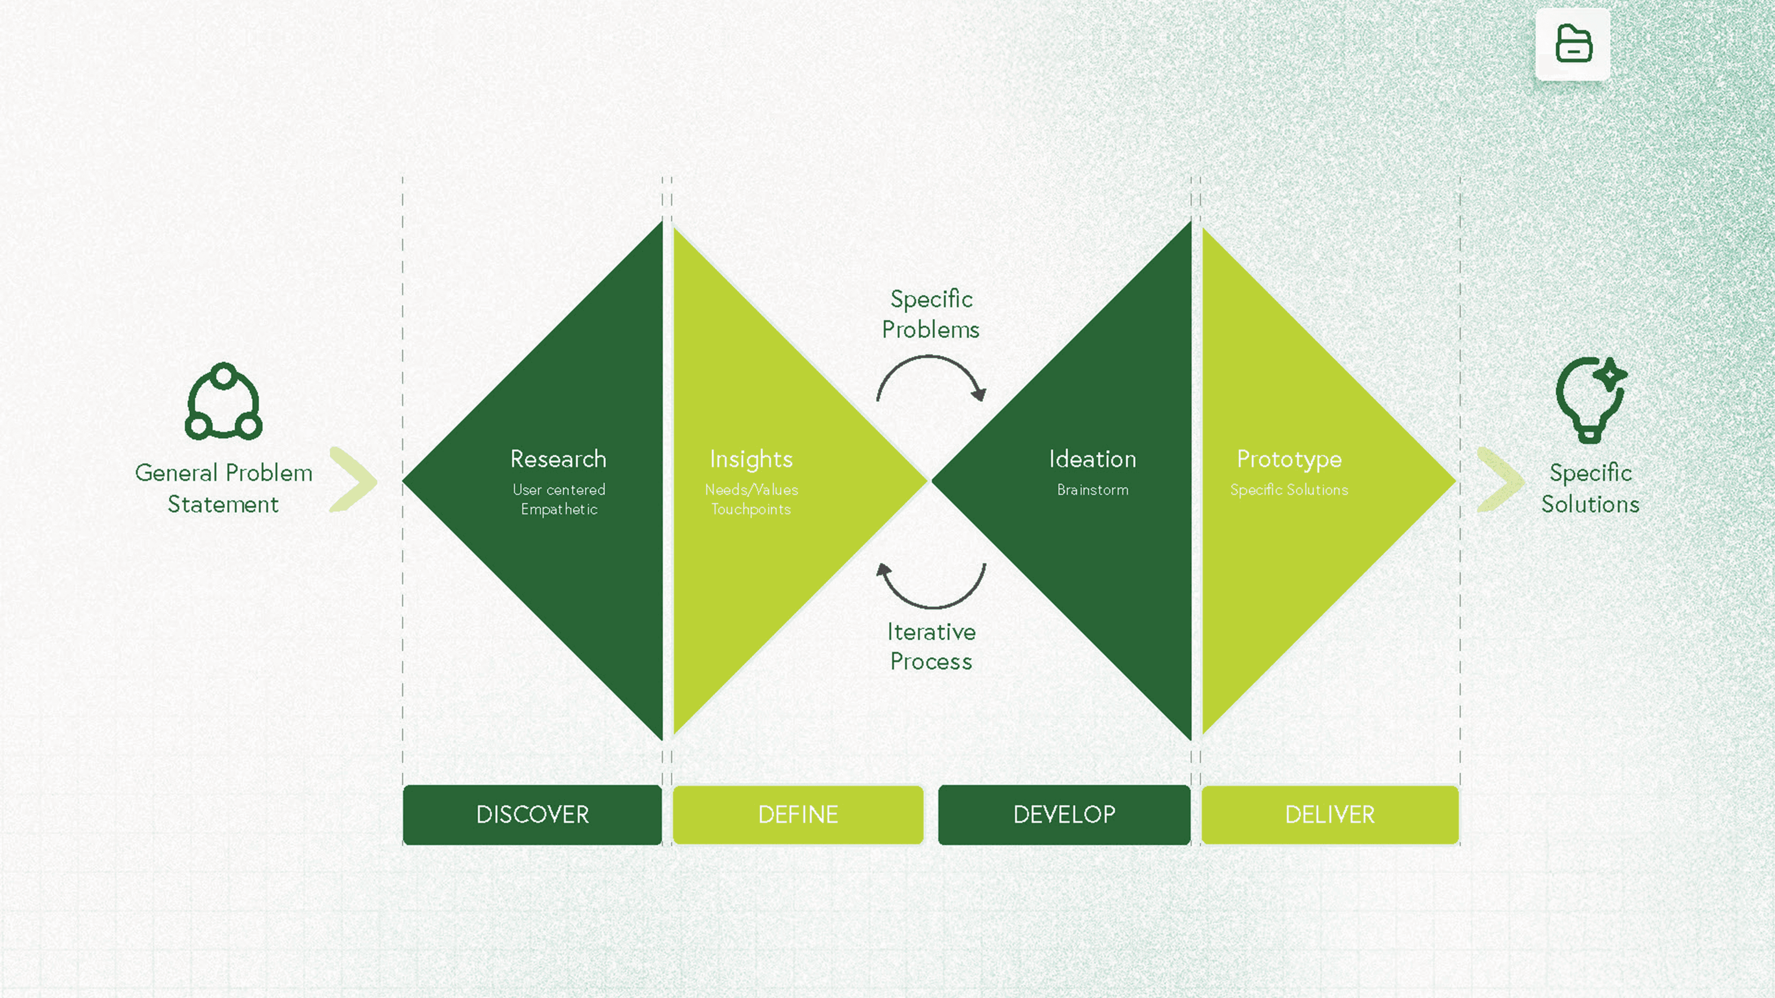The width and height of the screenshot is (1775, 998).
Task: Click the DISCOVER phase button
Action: (x=532, y=814)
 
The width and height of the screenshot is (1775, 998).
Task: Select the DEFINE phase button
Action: (x=798, y=814)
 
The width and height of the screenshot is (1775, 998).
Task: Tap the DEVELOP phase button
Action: (x=1064, y=814)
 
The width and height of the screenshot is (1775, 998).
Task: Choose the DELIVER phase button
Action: (x=1330, y=814)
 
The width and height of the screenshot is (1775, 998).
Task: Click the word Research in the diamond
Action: (x=558, y=459)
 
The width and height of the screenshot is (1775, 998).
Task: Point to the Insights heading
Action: (x=751, y=459)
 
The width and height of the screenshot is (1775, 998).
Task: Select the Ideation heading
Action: (x=1092, y=459)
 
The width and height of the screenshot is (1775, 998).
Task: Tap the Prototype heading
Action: (x=1289, y=459)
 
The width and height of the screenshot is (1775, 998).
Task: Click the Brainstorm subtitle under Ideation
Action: (x=1093, y=490)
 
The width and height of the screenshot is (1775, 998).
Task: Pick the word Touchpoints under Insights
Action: (x=751, y=509)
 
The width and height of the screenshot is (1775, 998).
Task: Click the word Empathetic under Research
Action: (x=559, y=509)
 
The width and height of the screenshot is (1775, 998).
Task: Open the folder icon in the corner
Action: (x=1573, y=44)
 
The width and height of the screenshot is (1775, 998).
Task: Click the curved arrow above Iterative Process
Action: (x=931, y=586)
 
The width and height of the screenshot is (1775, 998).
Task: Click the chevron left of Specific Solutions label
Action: (x=1500, y=480)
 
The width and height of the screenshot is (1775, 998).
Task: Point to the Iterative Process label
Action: (x=931, y=646)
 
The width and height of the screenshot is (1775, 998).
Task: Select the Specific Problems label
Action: (x=931, y=314)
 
